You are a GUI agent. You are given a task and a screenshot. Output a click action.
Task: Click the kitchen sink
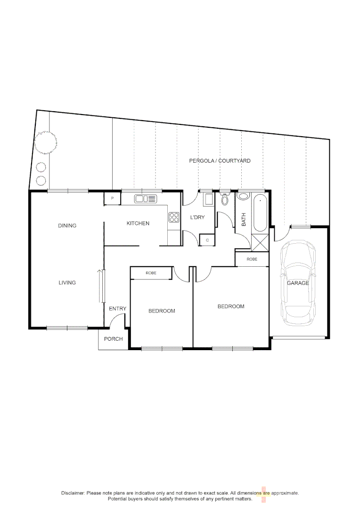click(x=145, y=199)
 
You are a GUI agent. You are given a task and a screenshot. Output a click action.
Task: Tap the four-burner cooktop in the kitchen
click(x=174, y=217)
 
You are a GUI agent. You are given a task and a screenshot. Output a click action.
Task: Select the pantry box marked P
click(x=112, y=199)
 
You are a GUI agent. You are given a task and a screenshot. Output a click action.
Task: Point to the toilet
click(x=225, y=199)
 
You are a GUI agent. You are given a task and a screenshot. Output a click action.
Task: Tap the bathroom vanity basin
click(x=244, y=197)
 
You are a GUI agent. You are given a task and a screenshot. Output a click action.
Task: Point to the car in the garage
click(x=298, y=283)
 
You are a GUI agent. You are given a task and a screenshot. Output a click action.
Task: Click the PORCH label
click(x=113, y=339)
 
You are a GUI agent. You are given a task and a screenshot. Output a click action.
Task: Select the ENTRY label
click(x=117, y=309)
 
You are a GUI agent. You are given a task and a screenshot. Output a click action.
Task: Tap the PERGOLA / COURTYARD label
click(x=220, y=161)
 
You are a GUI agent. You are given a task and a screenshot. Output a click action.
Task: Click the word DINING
click(x=67, y=226)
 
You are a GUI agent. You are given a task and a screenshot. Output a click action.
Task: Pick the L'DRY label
click(x=197, y=217)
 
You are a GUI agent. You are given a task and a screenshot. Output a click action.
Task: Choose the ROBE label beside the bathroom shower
click(x=252, y=259)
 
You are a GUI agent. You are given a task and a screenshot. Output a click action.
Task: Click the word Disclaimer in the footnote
click(x=73, y=493)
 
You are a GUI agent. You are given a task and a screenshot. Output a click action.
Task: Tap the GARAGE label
click(x=298, y=283)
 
